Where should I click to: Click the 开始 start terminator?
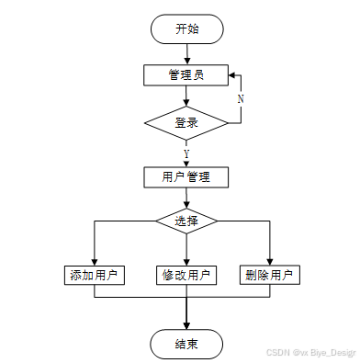[x=187, y=28]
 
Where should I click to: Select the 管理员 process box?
[x=186, y=75]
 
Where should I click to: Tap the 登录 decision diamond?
[x=186, y=123]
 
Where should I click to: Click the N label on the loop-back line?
[x=241, y=98]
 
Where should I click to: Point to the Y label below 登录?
[x=186, y=153]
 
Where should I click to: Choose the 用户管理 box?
[x=186, y=177]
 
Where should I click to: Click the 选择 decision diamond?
[x=186, y=221]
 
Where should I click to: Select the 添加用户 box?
[x=95, y=275]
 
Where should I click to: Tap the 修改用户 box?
[x=186, y=275]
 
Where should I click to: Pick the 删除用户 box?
[x=270, y=275]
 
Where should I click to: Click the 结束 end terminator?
[x=186, y=344]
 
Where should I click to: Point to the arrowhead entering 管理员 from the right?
[x=232, y=75]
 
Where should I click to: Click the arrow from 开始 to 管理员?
[x=187, y=54]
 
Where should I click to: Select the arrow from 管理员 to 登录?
[x=186, y=96]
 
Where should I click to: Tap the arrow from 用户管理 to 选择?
[x=186, y=198]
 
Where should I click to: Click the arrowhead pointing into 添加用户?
[x=95, y=262]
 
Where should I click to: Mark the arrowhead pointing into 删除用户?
[x=270, y=262]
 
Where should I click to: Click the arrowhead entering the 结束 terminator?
[x=186, y=325]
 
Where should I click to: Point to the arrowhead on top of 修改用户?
[x=186, y=262]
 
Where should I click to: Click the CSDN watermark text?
[x=311, y=353]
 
